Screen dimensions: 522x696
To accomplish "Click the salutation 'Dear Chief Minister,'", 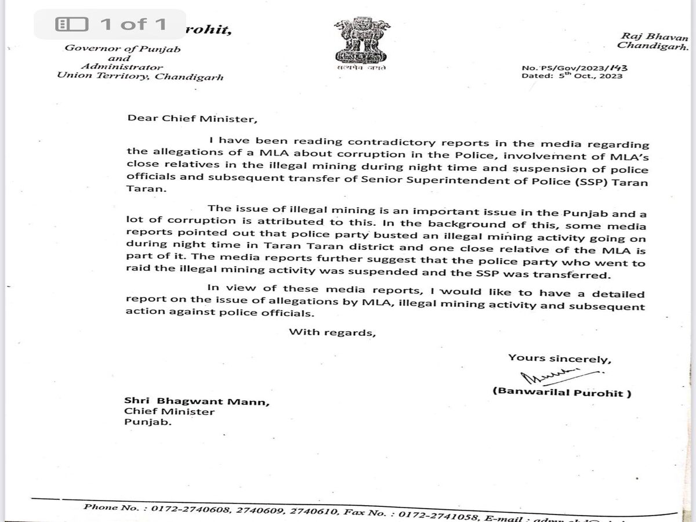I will click(190, 119).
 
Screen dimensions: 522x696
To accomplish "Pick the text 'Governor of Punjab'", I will click(122, 49).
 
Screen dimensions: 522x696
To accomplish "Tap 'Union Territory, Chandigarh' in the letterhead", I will click(140, 77).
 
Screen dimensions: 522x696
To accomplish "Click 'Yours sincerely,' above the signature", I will click(559, 358).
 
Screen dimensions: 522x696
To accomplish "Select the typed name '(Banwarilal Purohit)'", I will click(561, 392).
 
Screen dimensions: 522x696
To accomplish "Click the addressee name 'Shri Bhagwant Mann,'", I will click(197, 401).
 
